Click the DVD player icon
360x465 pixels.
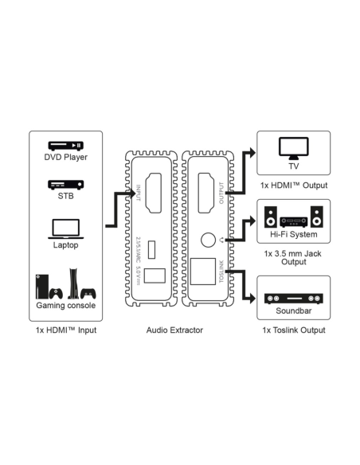(x=65, y=146)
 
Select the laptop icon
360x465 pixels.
(x=65, y=229)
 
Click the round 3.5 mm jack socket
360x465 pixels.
(x=208, y=238)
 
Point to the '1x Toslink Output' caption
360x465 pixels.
(x=293, y=330)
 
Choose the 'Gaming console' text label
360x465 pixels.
(x=65, y=306)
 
